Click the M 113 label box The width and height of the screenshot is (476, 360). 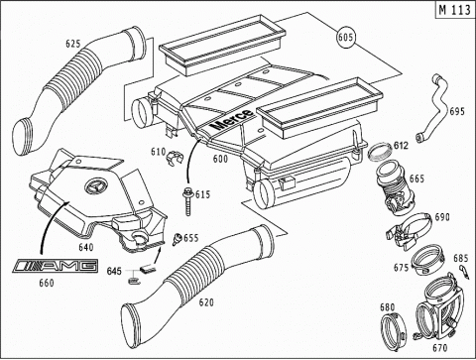click(455, 10)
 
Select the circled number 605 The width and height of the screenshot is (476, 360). click(346, 37)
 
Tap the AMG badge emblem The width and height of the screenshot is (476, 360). click(56, 266)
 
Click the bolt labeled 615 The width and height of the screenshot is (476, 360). click(188, 200)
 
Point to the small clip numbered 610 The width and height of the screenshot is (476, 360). click(174, 158)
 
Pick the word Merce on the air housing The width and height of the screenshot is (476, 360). click(232, 119)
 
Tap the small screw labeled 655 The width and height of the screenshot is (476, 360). click(177, 239)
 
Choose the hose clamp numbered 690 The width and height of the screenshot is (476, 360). click(410, 231)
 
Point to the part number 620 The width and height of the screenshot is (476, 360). click(206, 302)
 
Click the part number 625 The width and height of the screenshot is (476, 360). click(72, 44)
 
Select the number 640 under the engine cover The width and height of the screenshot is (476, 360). click(86, 247)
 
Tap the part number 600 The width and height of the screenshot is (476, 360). click(220, 159)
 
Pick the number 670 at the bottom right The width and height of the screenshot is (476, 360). click(439, 348)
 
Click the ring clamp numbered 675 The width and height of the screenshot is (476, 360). click(427, 260)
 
